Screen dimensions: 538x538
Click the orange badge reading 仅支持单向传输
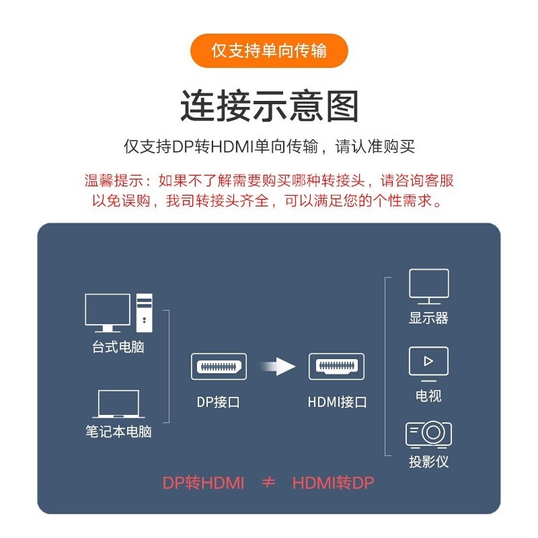tap(269, 51)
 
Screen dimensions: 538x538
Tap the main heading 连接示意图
tap(270, 106)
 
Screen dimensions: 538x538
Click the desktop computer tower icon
tap(145, 313)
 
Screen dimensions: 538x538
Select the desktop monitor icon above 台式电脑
tap(108, 313)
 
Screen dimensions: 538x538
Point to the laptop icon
tap(118, 404)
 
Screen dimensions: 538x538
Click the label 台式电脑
tap(118, 347)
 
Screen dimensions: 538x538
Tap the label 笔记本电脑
tap(118, 432)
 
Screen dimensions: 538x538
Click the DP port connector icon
tap(219, 367)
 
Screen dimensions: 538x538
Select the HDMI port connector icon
tap(337, 367)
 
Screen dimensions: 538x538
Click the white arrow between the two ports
tap(277, 367)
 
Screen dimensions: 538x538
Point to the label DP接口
tap(218, 402)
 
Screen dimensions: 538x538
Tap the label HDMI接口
tap(338, 402)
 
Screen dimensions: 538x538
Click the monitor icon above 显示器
tap(429, 287)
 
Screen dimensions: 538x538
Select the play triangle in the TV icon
tap(428, 361)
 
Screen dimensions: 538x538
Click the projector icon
tap(428, 434)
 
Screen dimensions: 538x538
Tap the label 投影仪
tap(428, 461)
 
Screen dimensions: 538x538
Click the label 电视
tap(428, 395)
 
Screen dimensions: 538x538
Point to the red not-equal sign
tap(268, 482)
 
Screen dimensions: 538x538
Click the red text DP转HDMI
tap(203, 483)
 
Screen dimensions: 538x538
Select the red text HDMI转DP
tap(333, 483)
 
